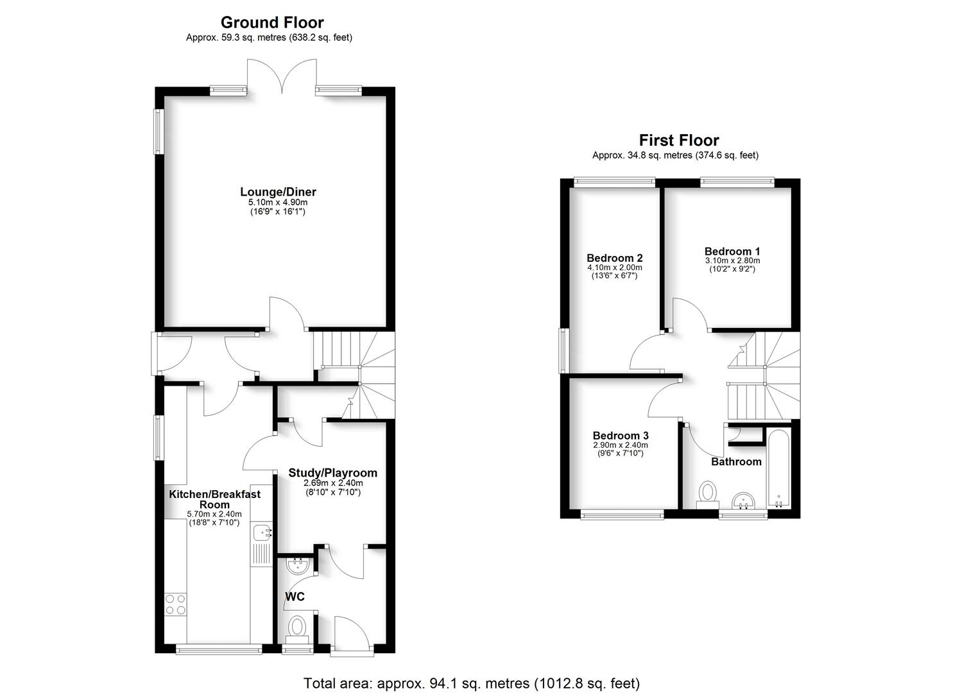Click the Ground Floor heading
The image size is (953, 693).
coord(272,23)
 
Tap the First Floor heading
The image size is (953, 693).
coord(679,140)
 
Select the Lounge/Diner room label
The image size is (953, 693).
coord(278,191)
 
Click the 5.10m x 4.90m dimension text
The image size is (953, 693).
coord(278,202)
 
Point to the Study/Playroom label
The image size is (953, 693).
coord(332,473)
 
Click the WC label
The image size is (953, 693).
coord(295,597)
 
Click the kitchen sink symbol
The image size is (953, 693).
coord(262,532)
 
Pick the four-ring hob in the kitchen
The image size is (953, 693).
coord(175,604)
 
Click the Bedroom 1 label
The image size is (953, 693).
coord(732,252)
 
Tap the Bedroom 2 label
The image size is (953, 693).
coord(614,258)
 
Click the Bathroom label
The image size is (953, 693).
coord(736,462)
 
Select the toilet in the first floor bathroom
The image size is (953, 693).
coord(708,495)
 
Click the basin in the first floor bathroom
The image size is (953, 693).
coord(744,500)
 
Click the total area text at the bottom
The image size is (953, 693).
coord(471,683)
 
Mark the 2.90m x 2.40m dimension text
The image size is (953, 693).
coord(620,445)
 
